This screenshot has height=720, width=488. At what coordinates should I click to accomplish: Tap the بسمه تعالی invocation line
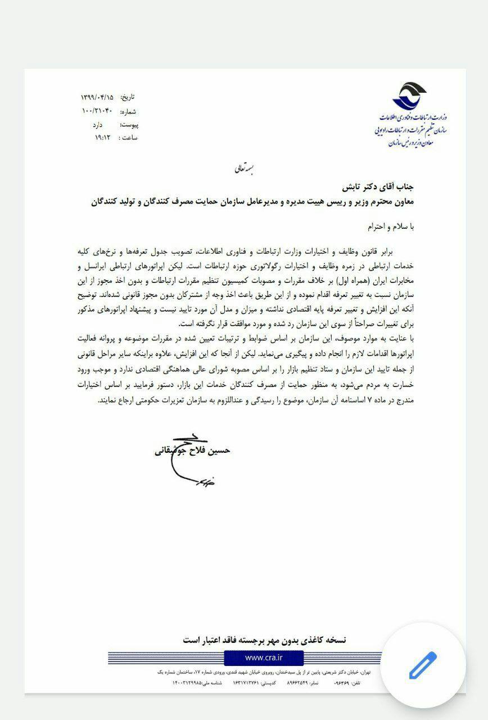point(244,168)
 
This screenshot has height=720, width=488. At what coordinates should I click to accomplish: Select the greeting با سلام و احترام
point(388,226)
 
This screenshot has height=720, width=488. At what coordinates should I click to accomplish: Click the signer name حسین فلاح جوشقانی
point(192,451)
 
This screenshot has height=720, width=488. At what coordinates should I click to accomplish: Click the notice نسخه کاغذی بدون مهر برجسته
point(265,640)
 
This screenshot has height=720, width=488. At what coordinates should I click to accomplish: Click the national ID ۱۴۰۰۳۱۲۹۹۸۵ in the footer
point(187,683)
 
